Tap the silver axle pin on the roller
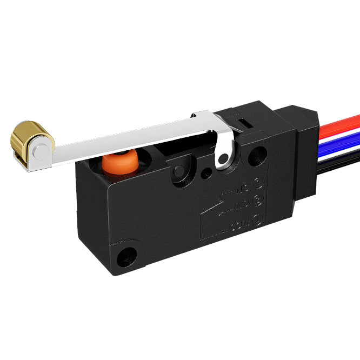coord(39,152)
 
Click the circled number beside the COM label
coord(257,220)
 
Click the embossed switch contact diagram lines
coord(216,208)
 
